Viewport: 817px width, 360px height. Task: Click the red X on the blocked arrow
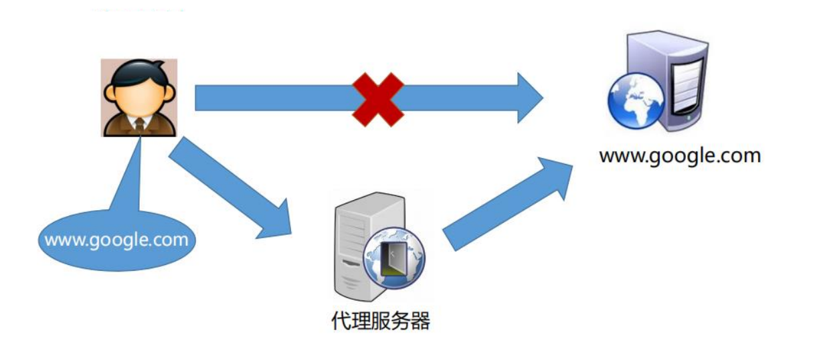click(378, 100)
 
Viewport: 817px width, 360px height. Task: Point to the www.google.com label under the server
click(680, 156)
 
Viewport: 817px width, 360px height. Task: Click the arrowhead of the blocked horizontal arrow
click(529, 98)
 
